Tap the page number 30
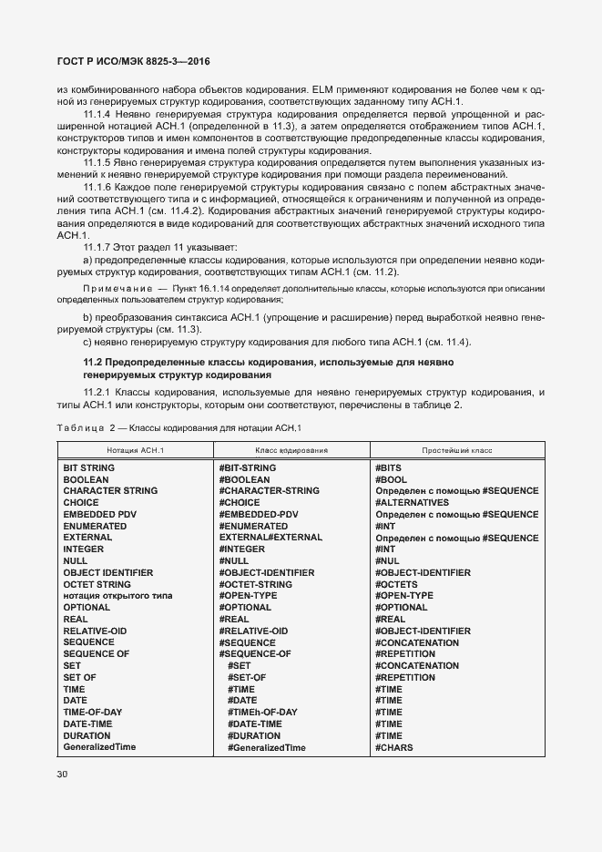point(63,775)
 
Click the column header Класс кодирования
point(291,450)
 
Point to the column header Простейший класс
point(456,450)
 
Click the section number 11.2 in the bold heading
point(96,363)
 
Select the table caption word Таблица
point(78,428)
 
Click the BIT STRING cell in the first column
point(88,467)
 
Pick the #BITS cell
point(388,467)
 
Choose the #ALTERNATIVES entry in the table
point(412,503)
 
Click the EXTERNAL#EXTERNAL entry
point(270,538)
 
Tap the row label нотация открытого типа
point(117,596)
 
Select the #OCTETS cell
point(397,584)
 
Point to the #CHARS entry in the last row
point(393,747)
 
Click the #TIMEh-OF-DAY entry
point(262,713)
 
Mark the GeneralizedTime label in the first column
point(99,747)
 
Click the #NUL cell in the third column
point(387,561)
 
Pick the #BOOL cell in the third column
point(391,479)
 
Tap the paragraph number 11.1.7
point(97,247)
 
